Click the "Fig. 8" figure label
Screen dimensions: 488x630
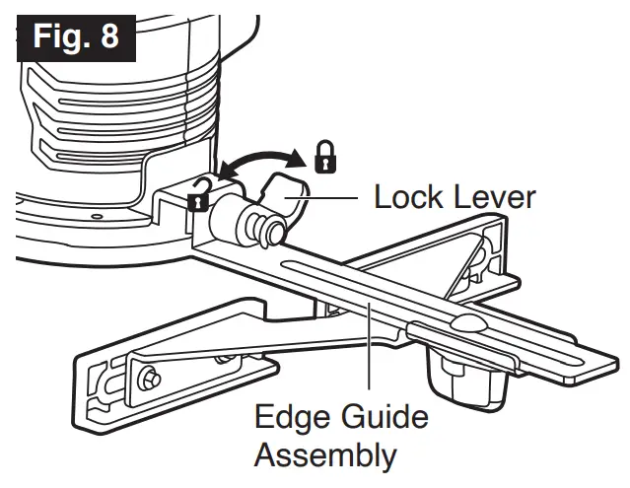point(75,36)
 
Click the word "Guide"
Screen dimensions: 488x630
point(385,417)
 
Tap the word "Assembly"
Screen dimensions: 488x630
point(325,455)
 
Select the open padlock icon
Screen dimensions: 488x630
point(198,196)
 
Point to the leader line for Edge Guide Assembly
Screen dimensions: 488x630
point(368,355)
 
